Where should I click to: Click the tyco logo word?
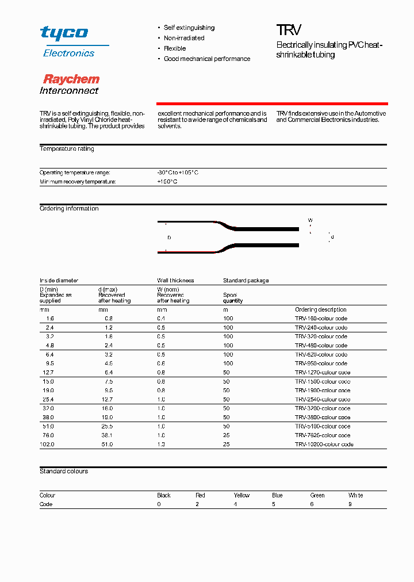[x=64, y=33]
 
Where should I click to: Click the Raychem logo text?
[x=71, y=79]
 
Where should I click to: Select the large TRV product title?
[x=289, y=30]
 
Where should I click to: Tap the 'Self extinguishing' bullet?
[x=189, y=28]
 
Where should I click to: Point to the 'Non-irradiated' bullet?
[x=184, y=38]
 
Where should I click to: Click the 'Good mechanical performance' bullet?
[x=207, y=59]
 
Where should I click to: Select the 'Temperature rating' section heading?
[x=67, y=149]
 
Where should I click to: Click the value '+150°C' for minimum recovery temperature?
[x=167, y=182]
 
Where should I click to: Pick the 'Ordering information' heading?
[x=69, y=209]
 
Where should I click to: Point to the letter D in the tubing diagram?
[x=169, y=237]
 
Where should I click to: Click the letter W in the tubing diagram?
[x=310, y=220]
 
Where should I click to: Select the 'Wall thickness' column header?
[x=175, y=281]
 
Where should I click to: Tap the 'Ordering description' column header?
[x=321, y=309]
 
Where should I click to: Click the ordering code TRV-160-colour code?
[x=321, y=319]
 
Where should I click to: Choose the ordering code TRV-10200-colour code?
[x=324, y=444]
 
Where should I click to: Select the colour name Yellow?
[x=241, y=495]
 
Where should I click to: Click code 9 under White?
[x=350, y=504]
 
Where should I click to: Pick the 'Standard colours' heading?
[x=64, y=472]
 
